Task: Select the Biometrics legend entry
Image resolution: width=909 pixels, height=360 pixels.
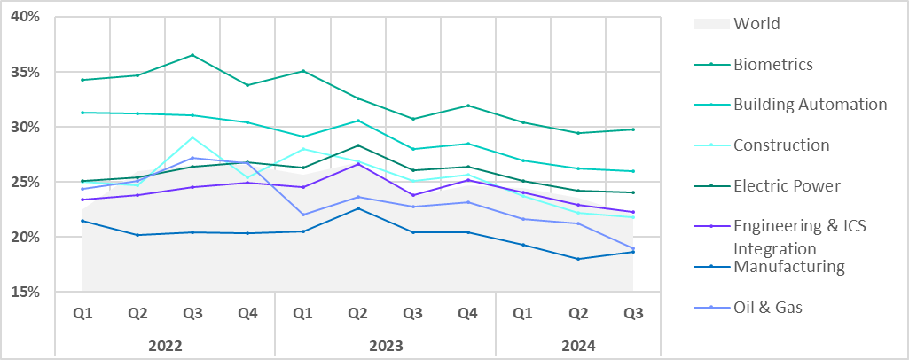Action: coord(772,64)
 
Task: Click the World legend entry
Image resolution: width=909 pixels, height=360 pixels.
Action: coord(756,24)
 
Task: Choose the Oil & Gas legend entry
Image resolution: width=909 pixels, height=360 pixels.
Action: coord(768,308)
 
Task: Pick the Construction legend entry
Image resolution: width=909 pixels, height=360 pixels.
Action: coord(781,145)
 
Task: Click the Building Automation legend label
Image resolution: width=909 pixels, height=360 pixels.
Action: coord(810,105)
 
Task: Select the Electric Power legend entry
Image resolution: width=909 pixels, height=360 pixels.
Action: coord(787,186)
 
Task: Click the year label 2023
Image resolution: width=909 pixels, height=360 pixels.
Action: coord(386,346)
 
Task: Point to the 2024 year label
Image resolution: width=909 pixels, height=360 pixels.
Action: coord(578,346)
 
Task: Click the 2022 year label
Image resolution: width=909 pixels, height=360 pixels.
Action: coord(165,346)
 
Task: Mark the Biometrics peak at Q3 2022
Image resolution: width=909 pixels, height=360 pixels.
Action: coord(192,55)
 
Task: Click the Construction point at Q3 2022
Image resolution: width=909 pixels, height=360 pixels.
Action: coord(192,137)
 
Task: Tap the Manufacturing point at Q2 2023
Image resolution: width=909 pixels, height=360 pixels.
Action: coord(357,208)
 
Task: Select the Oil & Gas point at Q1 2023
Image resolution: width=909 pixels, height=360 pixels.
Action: coord(302,215)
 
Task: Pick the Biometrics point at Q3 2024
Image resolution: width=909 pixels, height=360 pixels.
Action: coord(633,129)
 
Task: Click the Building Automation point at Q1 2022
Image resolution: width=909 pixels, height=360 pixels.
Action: coord(82,113)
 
